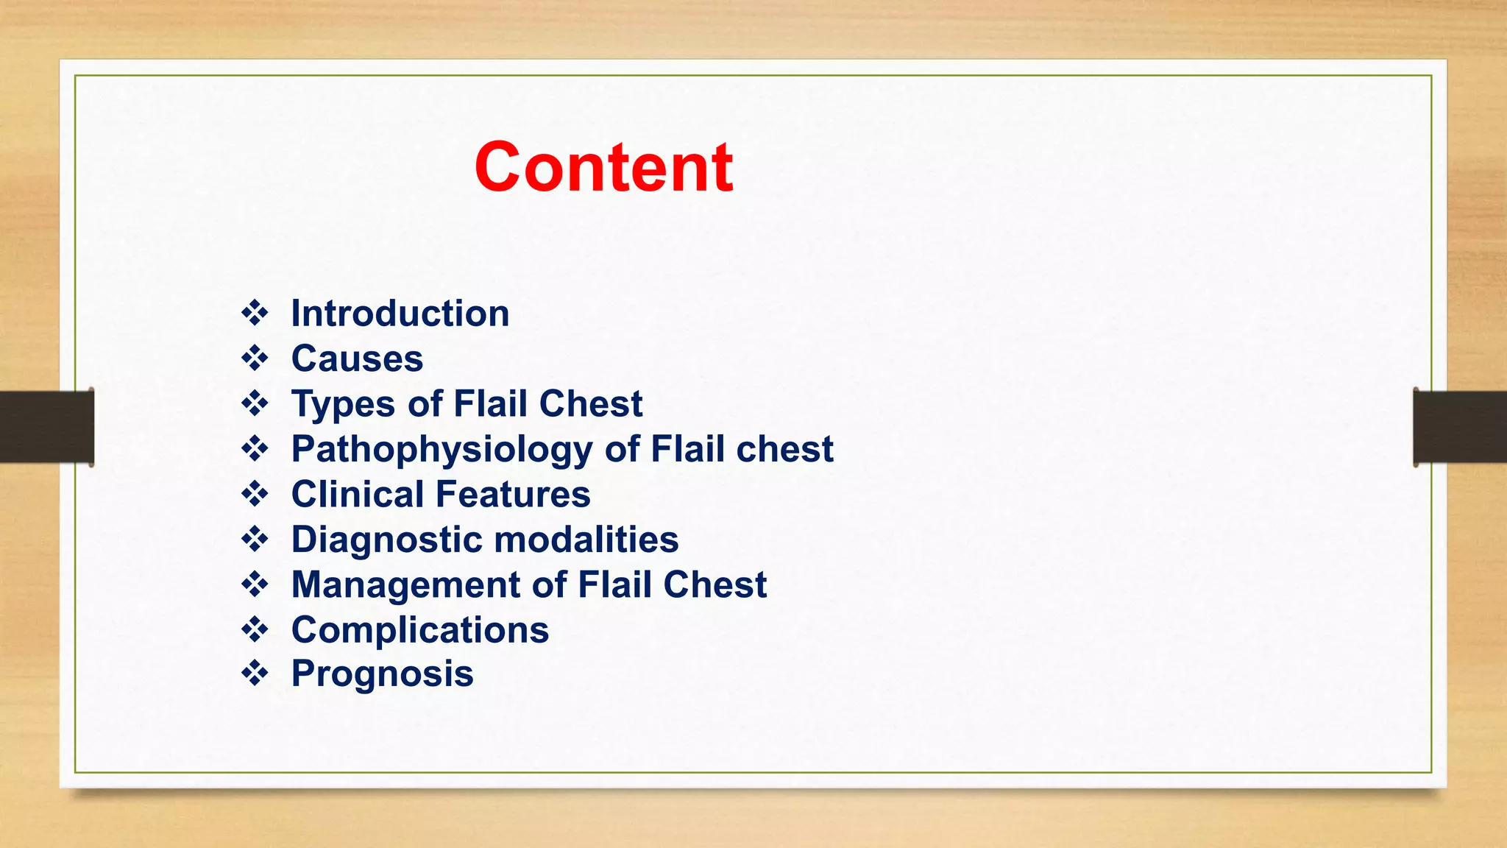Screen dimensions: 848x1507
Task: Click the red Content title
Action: click(603, 168)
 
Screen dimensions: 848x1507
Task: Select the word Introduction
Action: click(400, 314)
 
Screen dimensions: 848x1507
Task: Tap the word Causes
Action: click(357, 359)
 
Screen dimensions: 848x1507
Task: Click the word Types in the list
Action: click(343, 404)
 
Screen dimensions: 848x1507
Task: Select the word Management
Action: click(405, 584)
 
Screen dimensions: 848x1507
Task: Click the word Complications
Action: click(419, 630)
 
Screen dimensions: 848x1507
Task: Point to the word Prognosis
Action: click(382, 674)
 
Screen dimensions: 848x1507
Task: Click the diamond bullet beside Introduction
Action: click(255, 313)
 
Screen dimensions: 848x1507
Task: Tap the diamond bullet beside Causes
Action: click(255, 358)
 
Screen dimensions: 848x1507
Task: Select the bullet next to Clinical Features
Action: click(255, 494)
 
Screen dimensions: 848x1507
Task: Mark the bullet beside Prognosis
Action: click(255, 674)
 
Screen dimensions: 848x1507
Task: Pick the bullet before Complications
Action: click(255, 629)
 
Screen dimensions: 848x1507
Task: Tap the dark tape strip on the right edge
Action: click(1460, 427)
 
